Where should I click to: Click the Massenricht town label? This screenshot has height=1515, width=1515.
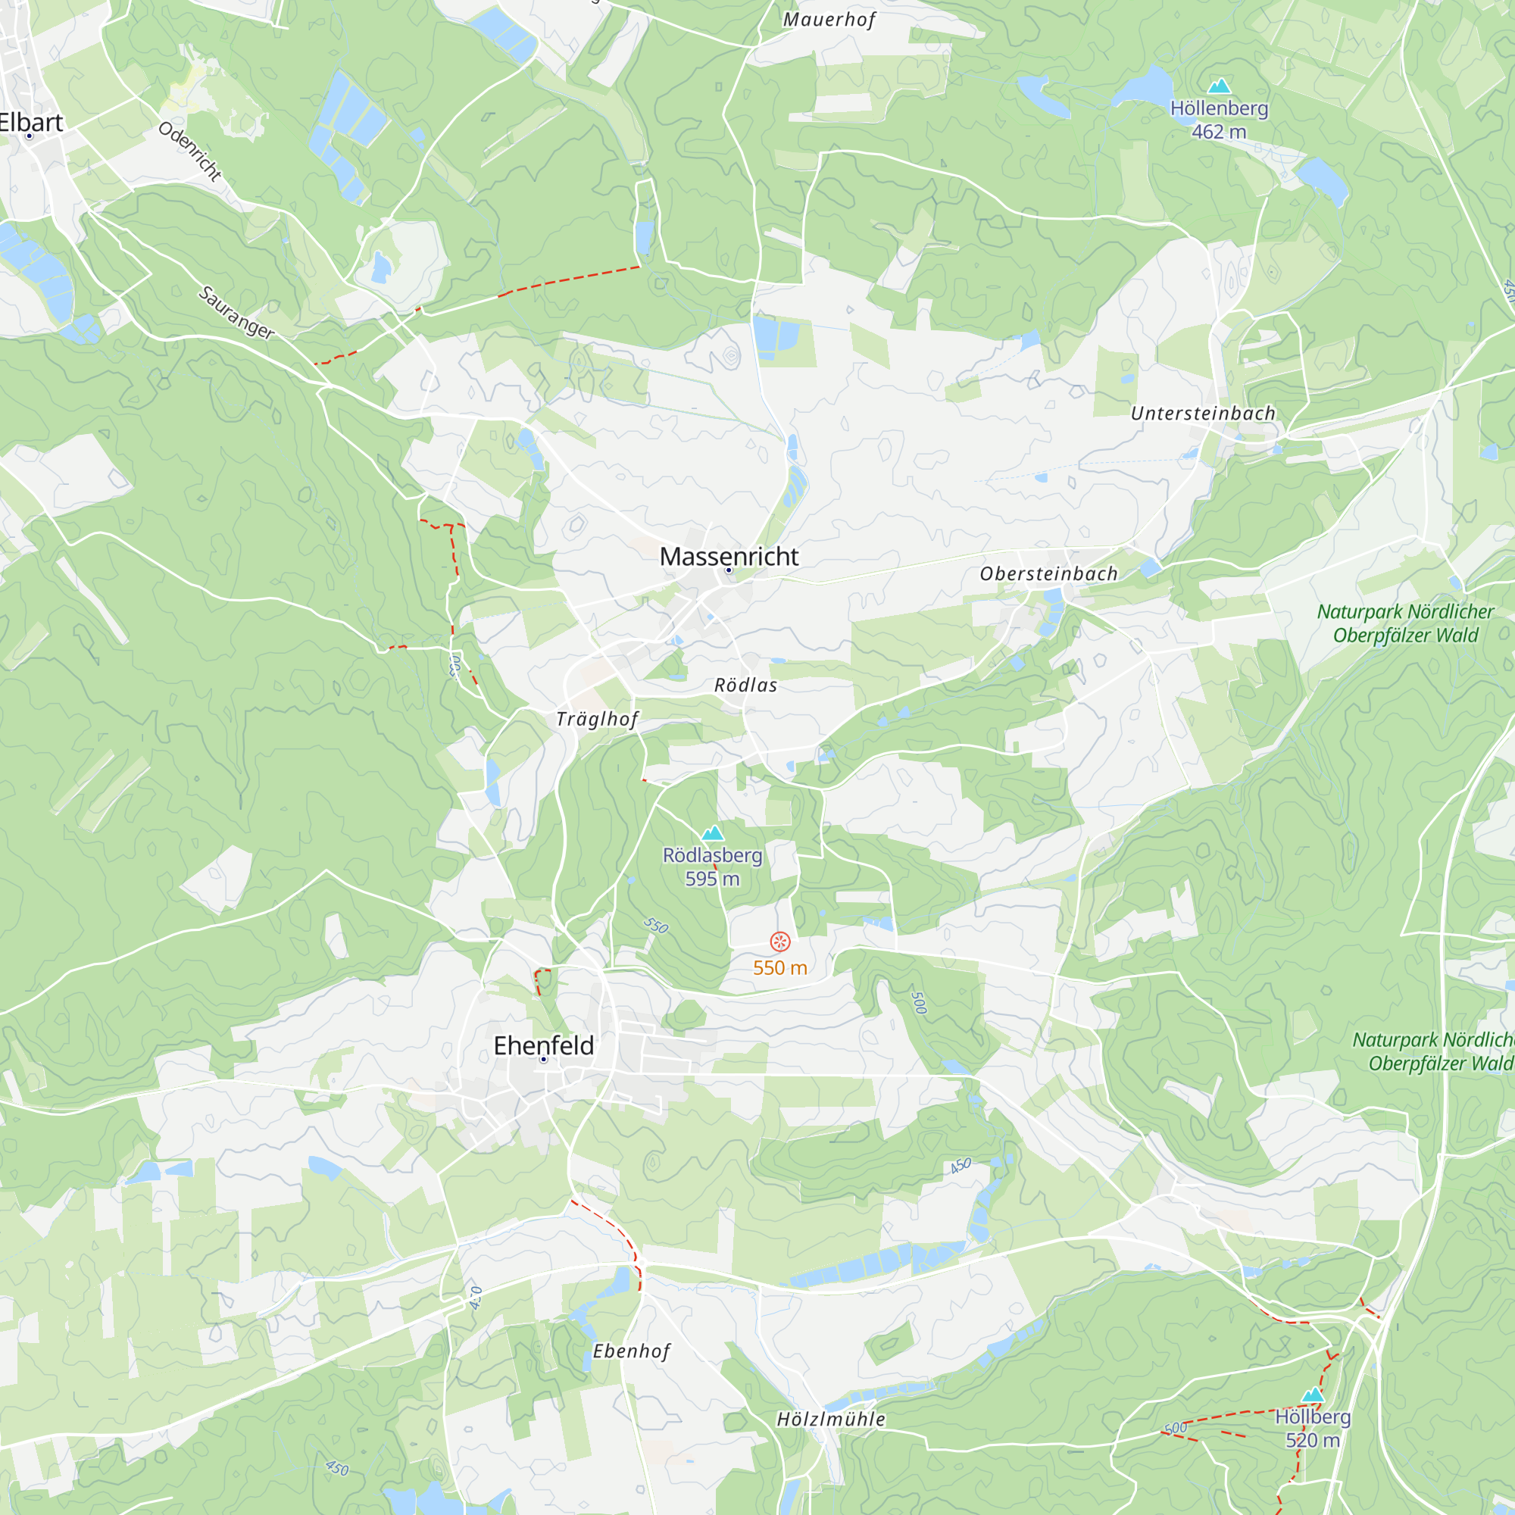pos(729,556)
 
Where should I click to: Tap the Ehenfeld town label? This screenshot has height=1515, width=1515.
pos(543,1045)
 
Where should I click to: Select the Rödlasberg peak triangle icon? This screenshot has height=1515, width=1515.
pos(712,832)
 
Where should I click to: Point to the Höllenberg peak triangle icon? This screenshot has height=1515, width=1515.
pos(1220,86)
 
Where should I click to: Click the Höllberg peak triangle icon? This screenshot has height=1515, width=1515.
pos(1313,1395)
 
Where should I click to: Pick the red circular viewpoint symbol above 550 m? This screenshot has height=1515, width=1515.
pos(780,941)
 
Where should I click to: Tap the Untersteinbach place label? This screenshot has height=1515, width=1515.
pos(1203,414)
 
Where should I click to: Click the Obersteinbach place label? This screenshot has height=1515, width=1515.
pos(1048,574)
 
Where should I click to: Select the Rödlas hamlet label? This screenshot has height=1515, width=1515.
pos(745,686)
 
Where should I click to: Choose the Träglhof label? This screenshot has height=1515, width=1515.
pos(598,719)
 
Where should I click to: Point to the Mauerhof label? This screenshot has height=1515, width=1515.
pos(829,20)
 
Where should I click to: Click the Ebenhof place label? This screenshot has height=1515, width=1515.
pos(631,1351)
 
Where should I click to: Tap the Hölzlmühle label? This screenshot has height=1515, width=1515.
pos(831,1420)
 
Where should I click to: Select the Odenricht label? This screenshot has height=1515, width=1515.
pos(190,151)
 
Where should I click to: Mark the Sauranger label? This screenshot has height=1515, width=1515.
pos(236,313)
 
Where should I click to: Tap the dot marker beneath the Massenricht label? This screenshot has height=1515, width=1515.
pos(729,570)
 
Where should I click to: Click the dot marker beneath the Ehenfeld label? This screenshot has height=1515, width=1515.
pos(543,1060)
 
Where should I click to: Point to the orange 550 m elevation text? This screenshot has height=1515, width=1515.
pos(780,967)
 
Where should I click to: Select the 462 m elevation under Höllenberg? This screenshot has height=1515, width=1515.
pos(1219,132)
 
